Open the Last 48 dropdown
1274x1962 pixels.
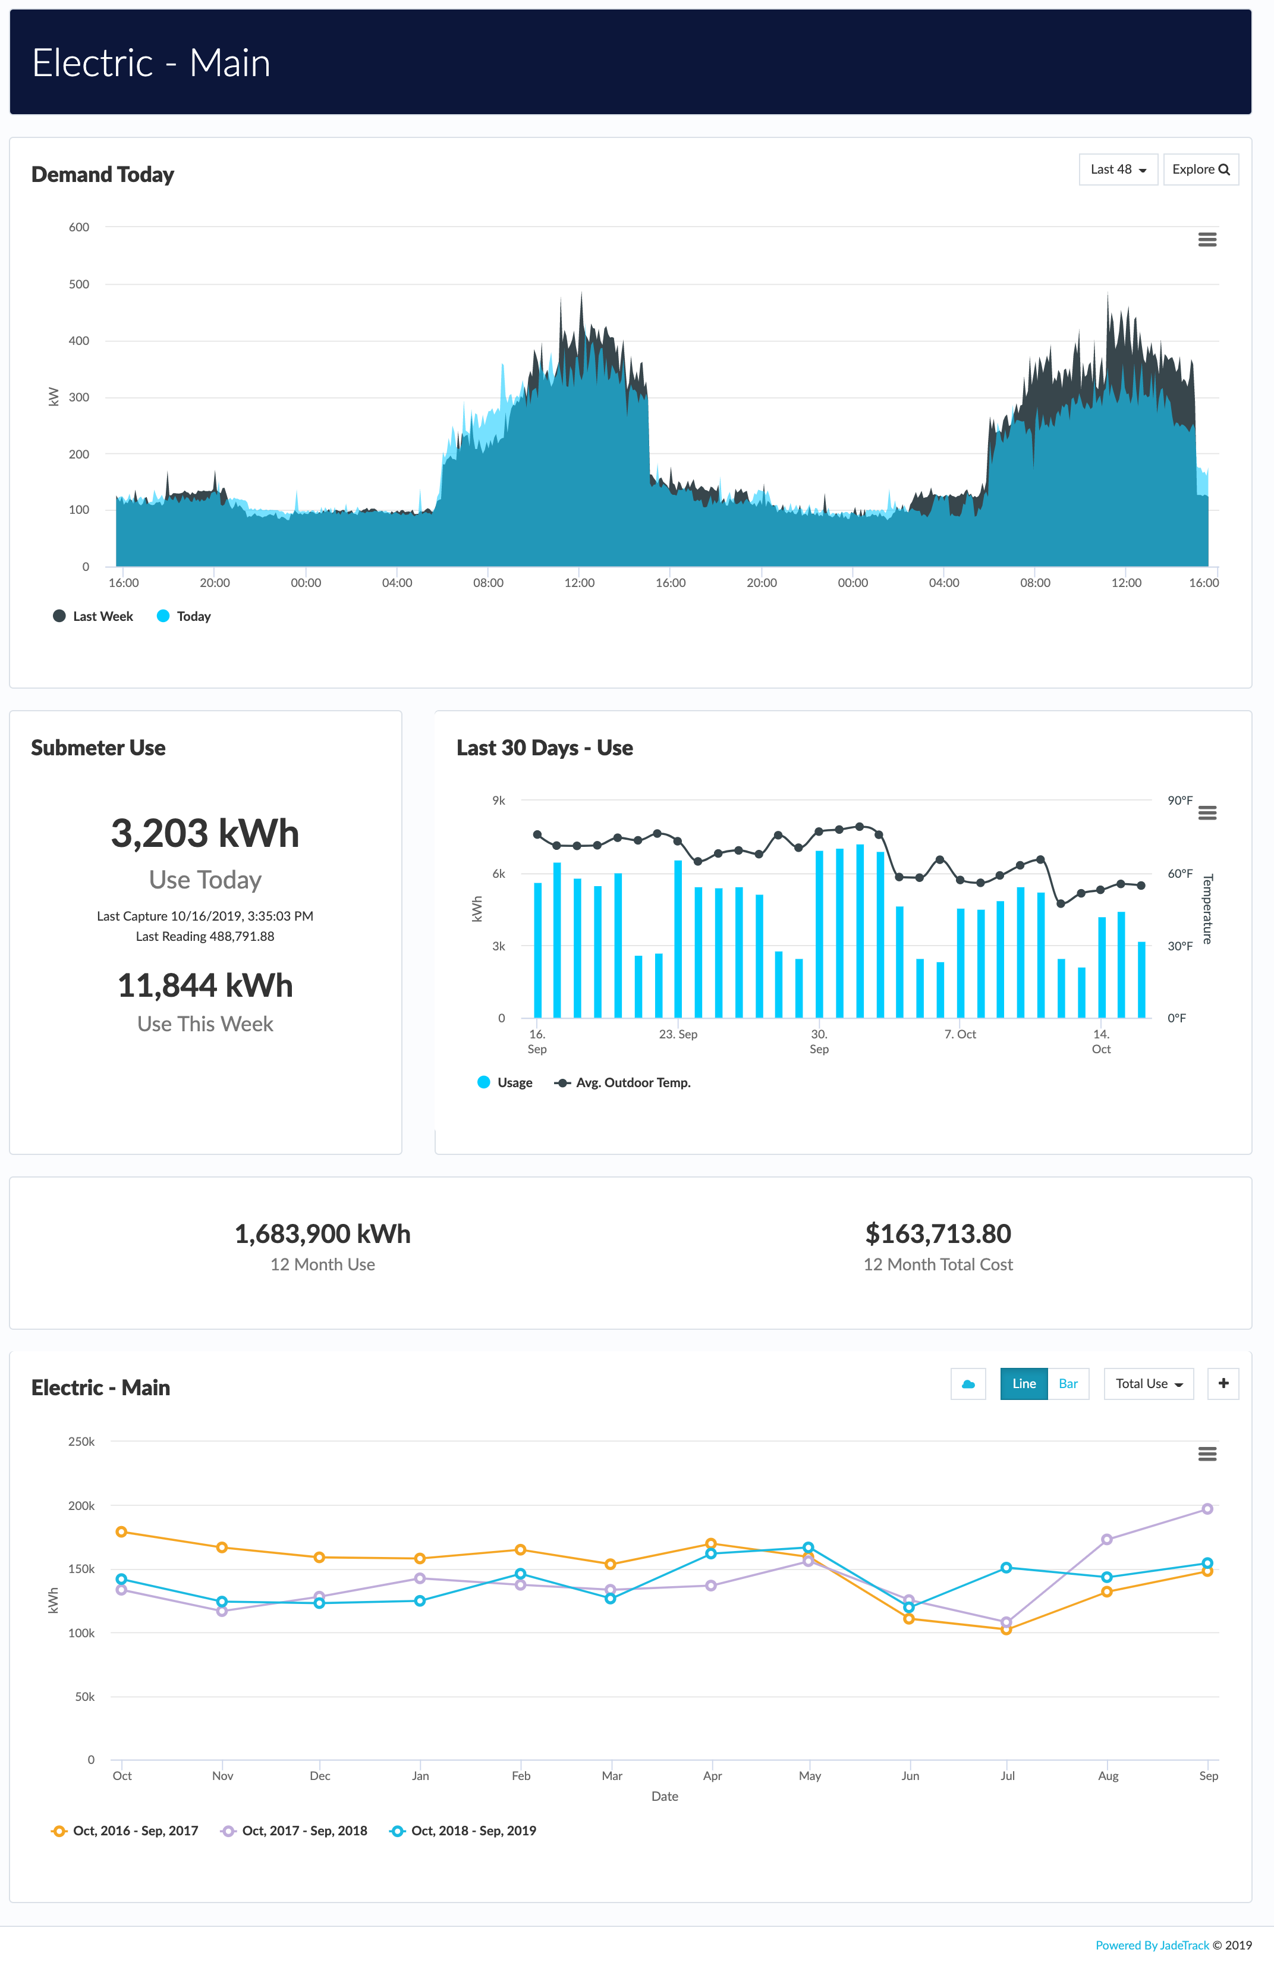point(1118,170)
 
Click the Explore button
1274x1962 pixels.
point(1200,170)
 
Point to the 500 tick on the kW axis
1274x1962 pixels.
point(79,284)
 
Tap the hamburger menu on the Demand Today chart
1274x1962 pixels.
point(1206,240)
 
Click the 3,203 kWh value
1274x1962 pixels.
point(205,833)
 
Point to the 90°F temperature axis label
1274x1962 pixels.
point(1179,801)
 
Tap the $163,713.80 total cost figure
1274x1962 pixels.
point(938,1234)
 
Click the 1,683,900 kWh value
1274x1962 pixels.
point(322,1234)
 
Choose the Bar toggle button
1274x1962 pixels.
point(1068,1384)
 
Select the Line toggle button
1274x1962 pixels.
point(1024,1384)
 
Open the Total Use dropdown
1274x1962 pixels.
point(1148,1384)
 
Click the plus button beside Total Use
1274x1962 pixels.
point(1223,1384)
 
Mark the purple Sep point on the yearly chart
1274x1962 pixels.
point(1206,1509)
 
